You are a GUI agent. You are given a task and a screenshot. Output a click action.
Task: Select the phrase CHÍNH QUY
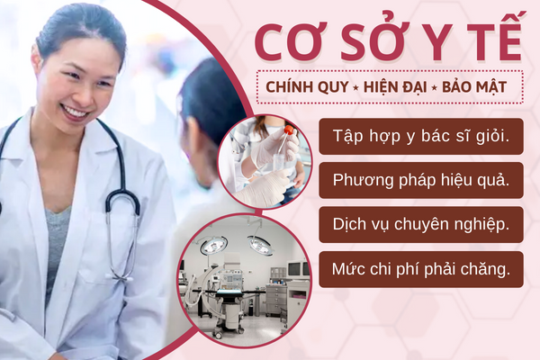pyautogui.click(x=307, y=86)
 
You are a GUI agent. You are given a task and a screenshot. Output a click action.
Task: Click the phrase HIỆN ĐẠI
pyautogui.click(x=395, y=86)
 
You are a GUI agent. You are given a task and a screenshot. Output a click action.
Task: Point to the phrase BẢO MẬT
pyautogui.click(x=474, y=86)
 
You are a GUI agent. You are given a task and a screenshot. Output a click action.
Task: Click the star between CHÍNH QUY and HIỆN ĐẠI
pyautogui.click(x=355, y=88)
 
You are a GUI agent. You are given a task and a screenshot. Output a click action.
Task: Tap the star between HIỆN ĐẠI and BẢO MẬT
pyautogui.click(x=435, y=88)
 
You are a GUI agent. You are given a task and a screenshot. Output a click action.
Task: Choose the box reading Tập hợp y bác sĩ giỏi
pyautogui.click(x=421, y=137)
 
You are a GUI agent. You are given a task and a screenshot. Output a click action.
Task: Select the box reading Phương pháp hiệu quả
pyautogui.click(x=421, y=181)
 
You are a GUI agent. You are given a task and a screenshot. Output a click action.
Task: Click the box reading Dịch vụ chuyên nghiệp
pyautogui.click(x=421, y=225)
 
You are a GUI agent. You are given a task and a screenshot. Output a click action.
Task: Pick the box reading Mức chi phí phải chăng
pyautogui.click(x=421, y=269)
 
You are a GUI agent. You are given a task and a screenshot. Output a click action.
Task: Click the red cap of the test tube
pyautogui.click(x=289, y=130)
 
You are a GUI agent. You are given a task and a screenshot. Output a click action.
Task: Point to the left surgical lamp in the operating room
pyautogui.click(x=213, y=246)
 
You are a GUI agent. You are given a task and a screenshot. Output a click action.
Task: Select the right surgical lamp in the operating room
pyautogui.click(x=260, y=245)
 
